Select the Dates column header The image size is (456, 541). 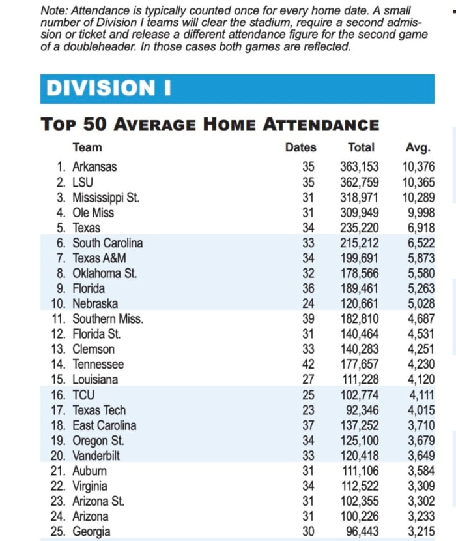(300, 147)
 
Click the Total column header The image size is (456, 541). (361, 147)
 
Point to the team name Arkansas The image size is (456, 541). (94, 167)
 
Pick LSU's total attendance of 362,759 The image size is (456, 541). (359, 182)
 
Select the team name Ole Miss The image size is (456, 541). (93, 213)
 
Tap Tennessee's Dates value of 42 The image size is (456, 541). (308, 364)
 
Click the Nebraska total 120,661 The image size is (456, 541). (359, 303)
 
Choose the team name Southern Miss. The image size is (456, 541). (107, 319)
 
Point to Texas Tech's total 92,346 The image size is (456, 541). (362, 410)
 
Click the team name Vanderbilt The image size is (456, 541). (96, 456)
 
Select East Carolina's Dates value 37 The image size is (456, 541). (308, 425)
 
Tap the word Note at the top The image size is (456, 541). (55, 11)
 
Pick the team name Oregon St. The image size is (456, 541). (98, 441)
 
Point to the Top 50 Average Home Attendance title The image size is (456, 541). (209, 124)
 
